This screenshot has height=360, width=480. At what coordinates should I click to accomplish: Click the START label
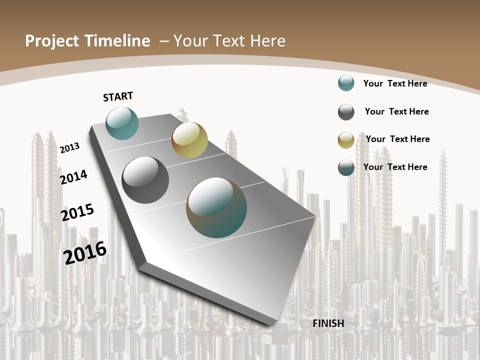(118, 96)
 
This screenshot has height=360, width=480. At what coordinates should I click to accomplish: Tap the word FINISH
(328, 323)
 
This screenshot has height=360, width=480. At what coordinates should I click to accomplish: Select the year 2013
(70, 147)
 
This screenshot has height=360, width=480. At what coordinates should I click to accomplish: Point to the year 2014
(74, 177)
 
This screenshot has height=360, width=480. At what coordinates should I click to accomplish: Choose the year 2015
(77, 212)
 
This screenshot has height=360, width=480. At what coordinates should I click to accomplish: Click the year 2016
(85, 252)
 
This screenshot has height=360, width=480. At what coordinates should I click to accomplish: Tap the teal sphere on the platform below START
(122, 123)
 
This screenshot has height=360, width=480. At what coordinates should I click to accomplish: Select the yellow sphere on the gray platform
(189, 140)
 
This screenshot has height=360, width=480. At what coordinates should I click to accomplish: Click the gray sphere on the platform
(145, 180)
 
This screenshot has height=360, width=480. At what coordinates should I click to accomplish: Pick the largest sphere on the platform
(216, 207)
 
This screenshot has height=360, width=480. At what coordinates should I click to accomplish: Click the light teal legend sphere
(346, 83)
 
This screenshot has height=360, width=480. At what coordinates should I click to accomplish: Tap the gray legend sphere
(346, 112)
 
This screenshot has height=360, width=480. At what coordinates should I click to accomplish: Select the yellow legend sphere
(346, 140)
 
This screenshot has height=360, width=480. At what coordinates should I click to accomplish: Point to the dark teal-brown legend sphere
(346, 167)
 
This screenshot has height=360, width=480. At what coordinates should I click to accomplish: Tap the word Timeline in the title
(119, 41)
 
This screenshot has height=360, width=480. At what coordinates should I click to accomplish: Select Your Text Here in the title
(229, 41)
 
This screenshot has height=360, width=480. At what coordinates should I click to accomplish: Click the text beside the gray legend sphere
(396, 111)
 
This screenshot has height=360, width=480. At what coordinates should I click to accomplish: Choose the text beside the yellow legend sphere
(397, 139)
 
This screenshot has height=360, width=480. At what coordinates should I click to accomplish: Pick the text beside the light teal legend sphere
(395, 83)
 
